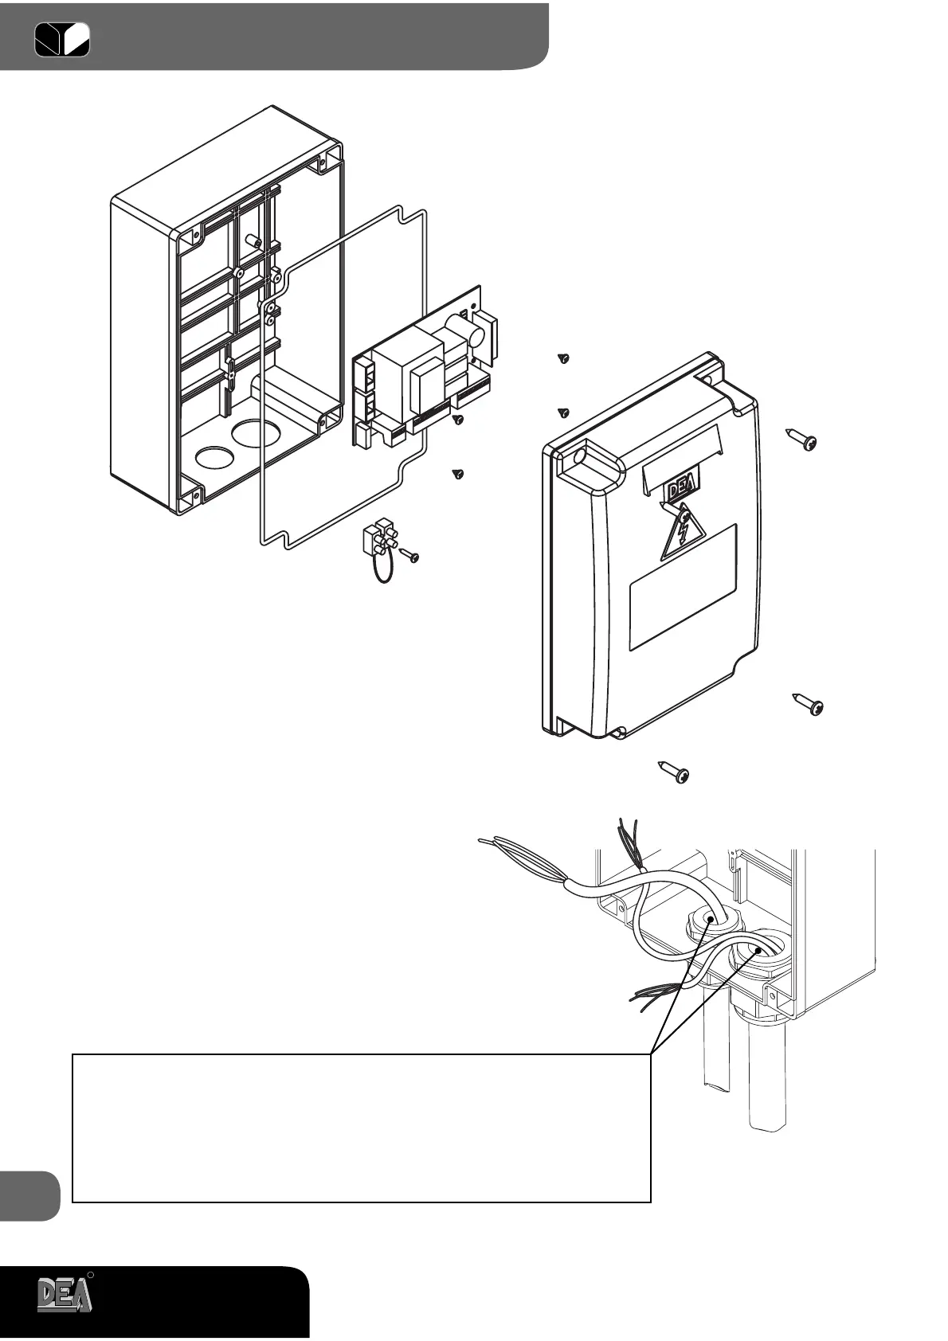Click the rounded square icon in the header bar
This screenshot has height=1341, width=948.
coord(62,39)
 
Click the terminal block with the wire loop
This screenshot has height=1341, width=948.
coord(378,539)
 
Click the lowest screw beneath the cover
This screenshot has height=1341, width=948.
coord(674,772)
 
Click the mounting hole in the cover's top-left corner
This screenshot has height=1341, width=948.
coord(579,456)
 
